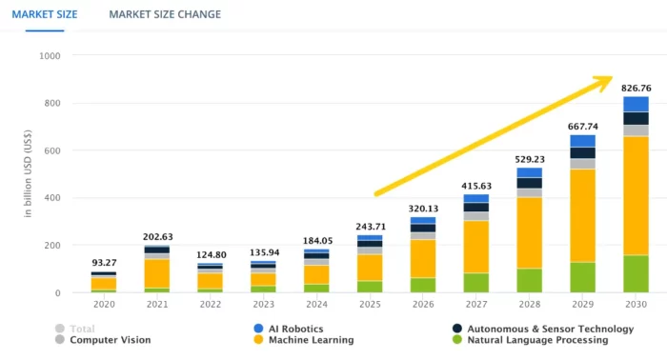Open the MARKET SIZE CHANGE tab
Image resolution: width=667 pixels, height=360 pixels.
coord(165,14)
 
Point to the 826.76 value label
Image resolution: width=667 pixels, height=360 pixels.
coord(636,88)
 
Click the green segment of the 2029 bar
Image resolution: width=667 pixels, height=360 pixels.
coord(582,277)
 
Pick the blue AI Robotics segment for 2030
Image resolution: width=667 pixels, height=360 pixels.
coord(636,104)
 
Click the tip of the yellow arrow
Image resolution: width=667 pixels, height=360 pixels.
coord(610,78)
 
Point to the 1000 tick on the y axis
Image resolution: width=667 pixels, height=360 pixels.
coord(50,56)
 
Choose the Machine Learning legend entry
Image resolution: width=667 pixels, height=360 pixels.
coord(306,340)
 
